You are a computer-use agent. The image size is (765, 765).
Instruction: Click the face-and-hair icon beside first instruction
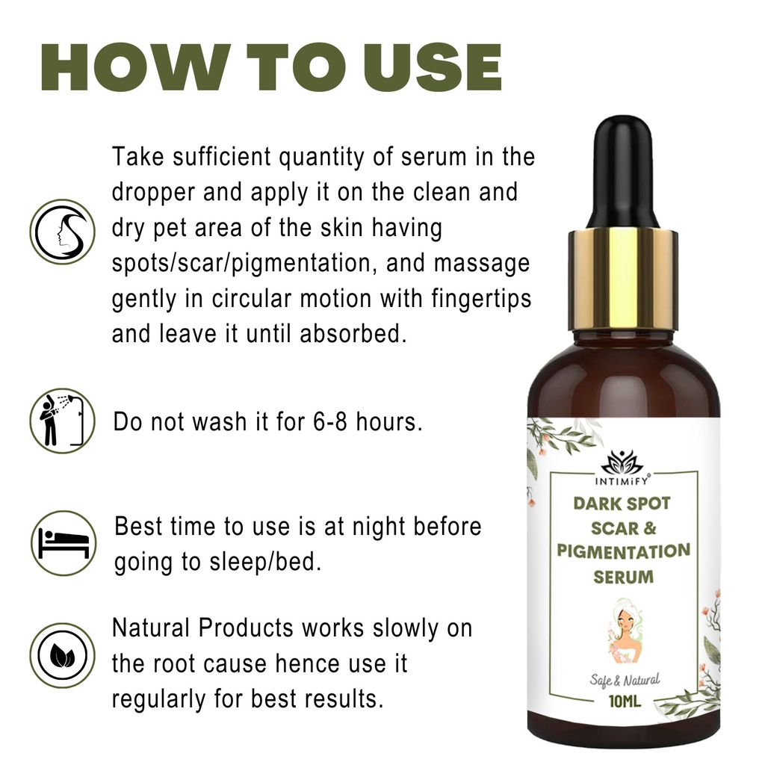coord(62,232)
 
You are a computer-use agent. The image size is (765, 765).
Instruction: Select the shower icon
coord(62,421)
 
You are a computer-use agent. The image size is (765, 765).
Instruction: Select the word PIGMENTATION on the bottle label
coord(623,552)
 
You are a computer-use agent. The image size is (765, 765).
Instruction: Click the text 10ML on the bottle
coord(623,702)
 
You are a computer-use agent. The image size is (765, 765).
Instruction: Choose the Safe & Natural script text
coord(623,680)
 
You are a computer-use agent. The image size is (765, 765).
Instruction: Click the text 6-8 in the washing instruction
coord(331,422)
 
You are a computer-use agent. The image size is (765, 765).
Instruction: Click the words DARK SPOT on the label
coord(622,503)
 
